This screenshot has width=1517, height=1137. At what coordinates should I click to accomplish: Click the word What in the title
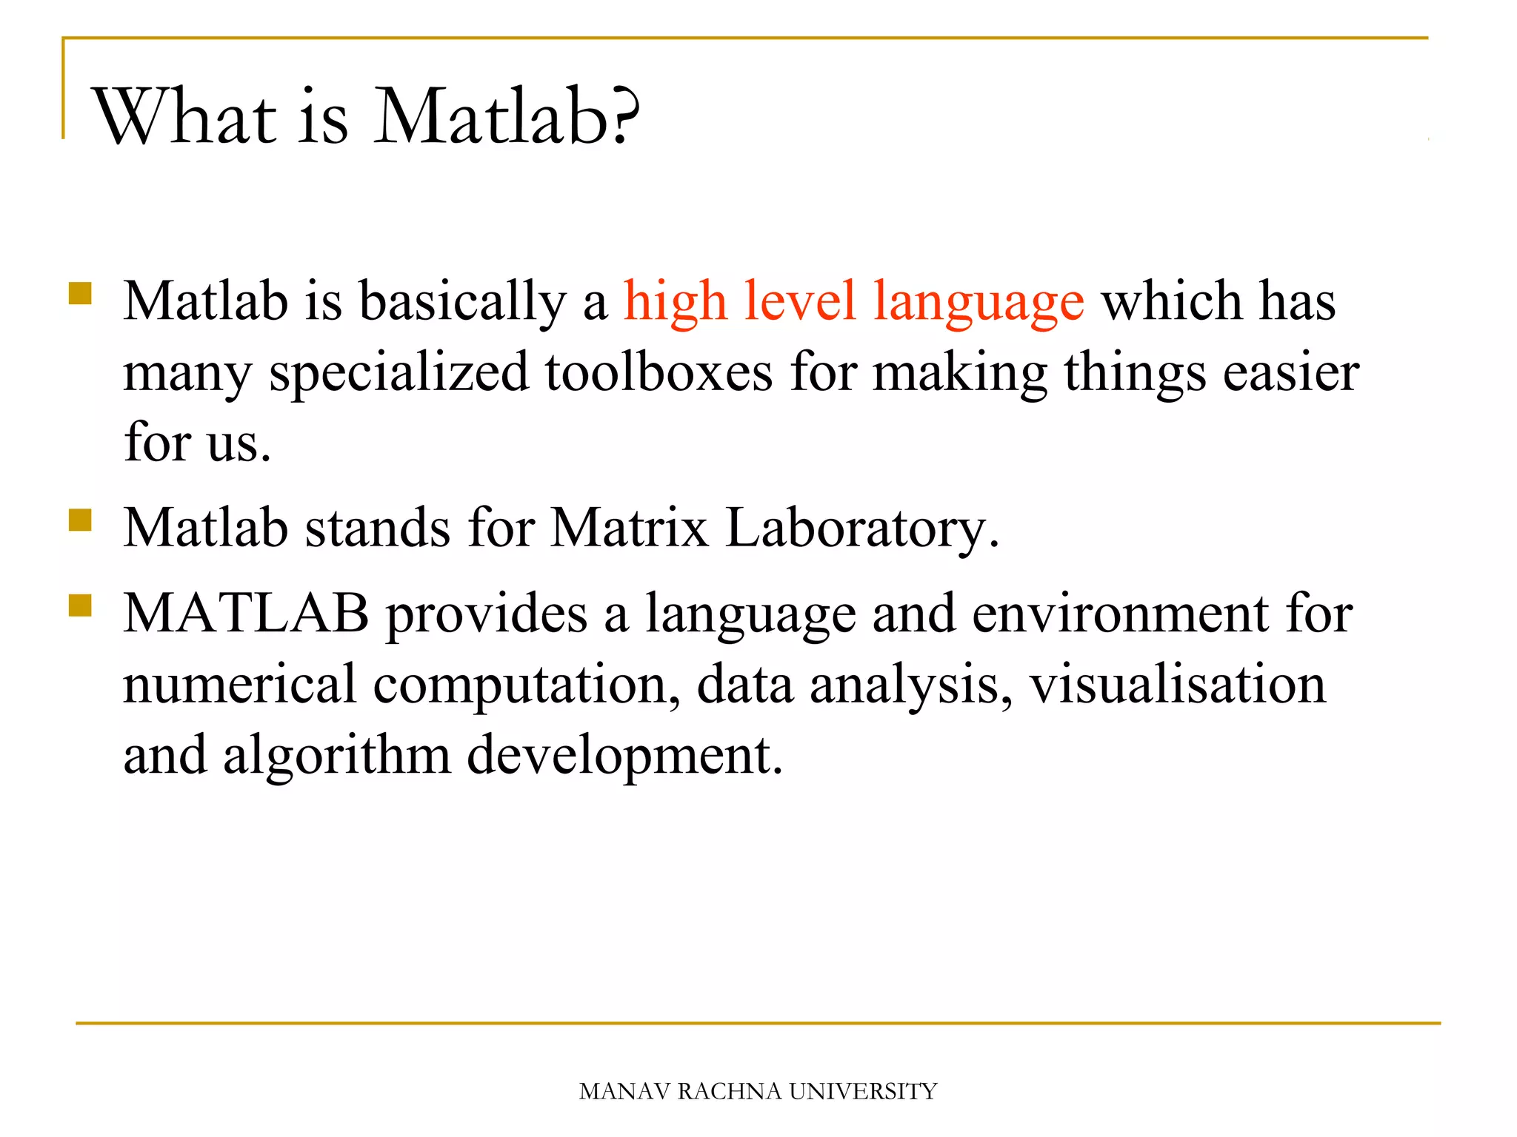[184, 117]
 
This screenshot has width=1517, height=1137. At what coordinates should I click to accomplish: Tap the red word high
[675, 302]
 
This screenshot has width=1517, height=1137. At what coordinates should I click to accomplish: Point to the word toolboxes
[659, 372]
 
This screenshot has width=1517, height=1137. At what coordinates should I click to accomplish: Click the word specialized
[399, 373]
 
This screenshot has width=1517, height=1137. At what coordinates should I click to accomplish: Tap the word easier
[1290, 372]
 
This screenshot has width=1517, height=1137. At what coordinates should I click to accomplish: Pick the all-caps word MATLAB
[246, 613]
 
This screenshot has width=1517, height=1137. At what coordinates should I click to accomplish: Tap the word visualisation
[1178, 684]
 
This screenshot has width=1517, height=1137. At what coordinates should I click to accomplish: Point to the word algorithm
[337, 756]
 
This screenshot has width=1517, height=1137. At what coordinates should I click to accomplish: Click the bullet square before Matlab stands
[80, 520]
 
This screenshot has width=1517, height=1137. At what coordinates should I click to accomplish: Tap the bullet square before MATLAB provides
[80, 606]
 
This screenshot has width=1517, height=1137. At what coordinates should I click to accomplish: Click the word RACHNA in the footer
[729, 1091]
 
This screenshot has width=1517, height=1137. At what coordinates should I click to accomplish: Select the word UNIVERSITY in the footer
[863, 1091]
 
